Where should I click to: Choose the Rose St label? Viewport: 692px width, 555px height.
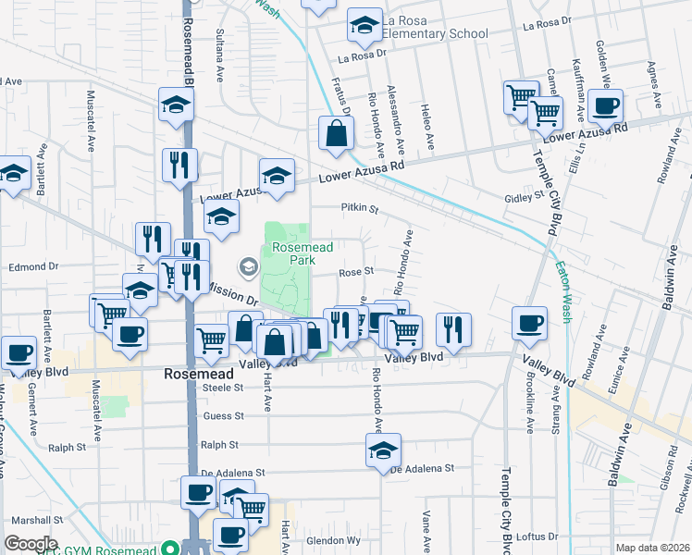(355, 272)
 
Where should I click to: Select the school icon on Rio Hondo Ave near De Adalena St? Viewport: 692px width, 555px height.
(383, 450)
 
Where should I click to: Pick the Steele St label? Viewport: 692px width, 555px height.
(221, 388)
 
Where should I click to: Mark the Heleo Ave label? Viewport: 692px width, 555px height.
(430, 129)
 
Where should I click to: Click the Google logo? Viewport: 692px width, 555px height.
(31, 544)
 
